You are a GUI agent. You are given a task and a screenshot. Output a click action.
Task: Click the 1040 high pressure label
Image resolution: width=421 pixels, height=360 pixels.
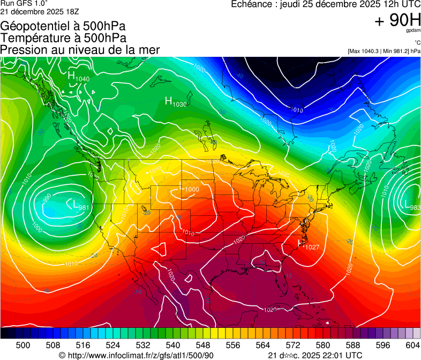pyautogui.click(x=78, y=77)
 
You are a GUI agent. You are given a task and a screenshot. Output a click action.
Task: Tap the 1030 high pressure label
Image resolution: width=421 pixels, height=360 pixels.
pyautogui.click(x=176, y=102)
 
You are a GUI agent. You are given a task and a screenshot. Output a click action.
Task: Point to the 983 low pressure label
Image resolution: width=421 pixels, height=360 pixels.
pyautogui.click(x=412, y=206)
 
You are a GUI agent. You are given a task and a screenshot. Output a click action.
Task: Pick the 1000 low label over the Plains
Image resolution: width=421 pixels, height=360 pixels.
pyautogui.click(x=189, y=189)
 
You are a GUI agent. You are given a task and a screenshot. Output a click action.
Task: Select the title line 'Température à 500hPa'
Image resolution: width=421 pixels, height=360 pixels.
pyautogui.click(x=63, y=38)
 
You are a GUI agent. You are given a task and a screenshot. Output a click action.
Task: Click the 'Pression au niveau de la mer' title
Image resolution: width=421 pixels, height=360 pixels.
pyautogui.click(x=80, y=50)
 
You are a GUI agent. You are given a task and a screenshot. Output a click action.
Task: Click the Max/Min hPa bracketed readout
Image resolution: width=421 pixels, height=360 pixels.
pyautogui.click(x=384, y=51)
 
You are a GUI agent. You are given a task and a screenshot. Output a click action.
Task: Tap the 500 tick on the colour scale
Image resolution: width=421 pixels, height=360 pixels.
pyautogui.click(x=23, y=346)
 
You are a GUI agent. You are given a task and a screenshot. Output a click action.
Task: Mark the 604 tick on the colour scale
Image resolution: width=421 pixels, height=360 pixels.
pyautogui.click(x=412, y=346)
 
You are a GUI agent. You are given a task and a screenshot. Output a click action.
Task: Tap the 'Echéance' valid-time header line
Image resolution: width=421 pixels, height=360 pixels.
pyautogui.click(x=326, y=4)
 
